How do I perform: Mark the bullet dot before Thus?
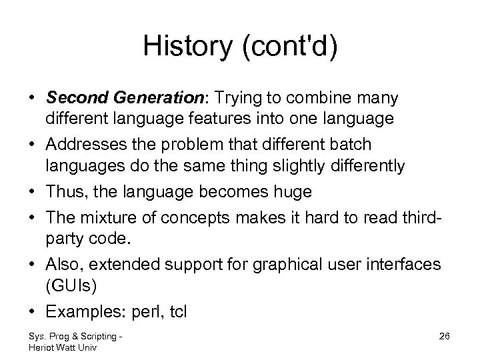[x=31, y=192]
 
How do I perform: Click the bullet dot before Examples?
[x=31, y=311]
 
